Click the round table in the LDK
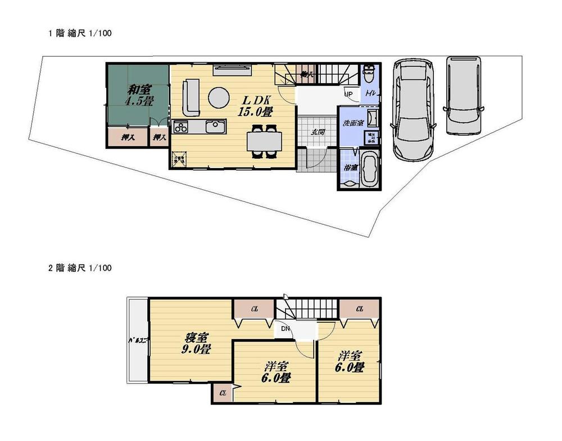tap(219, 97)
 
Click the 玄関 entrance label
tap(317, 132)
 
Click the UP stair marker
tap(348, 94)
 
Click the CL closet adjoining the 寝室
tap(254, 308)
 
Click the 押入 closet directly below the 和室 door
tap(159, 137)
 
